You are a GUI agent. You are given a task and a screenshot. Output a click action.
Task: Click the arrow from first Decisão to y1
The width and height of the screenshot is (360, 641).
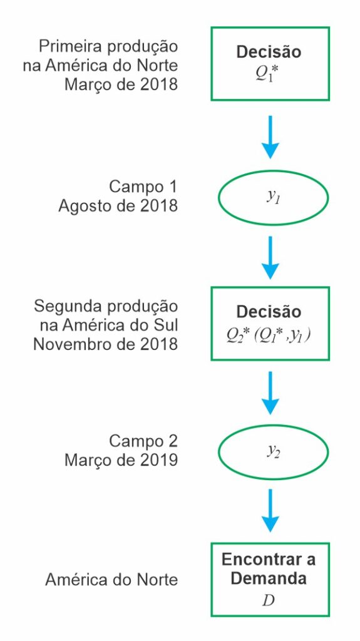pos(270,137)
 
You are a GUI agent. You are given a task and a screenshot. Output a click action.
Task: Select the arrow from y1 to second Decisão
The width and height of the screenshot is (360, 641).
pos(270,257)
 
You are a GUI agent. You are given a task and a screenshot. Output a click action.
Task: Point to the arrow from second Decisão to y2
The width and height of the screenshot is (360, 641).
pos(270,392)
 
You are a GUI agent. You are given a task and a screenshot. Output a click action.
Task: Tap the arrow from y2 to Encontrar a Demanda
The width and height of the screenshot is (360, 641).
pos(270,511)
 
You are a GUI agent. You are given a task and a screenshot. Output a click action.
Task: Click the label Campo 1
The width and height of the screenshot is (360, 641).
pos(143,187)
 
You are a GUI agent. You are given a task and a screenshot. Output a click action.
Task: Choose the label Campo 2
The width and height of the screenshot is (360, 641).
pos(143,441)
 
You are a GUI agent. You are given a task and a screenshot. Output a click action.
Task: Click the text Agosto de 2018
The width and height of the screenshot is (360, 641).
pos(118,205)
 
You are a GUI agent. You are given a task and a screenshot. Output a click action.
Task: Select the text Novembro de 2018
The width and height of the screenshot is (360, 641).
pos(106,344)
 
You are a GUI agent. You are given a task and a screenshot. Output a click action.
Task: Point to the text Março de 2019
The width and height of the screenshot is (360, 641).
pos(121,461)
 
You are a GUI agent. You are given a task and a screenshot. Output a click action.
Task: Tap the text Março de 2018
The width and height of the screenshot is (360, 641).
pos(121,85)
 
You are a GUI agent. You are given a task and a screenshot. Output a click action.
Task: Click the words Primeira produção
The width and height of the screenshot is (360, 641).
pos(108,47)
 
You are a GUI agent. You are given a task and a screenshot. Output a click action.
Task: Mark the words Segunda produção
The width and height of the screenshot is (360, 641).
pos(106,307)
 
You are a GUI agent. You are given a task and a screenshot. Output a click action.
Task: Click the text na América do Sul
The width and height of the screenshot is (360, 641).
pos(109,326)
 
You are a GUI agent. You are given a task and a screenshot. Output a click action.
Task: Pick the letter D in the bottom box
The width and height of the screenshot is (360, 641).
pos(269,601)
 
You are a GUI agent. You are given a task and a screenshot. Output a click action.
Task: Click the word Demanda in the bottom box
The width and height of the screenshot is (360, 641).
pos(269,579)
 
